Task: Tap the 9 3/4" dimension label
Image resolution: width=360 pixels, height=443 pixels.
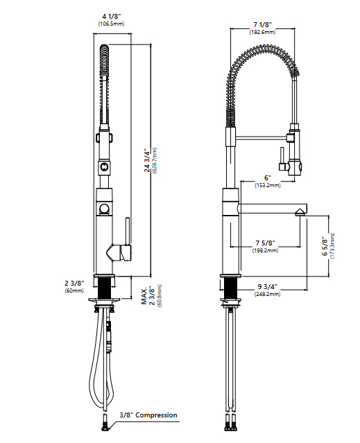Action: (x=266, y=286)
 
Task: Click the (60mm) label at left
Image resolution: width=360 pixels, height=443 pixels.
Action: (x=74, y=291)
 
